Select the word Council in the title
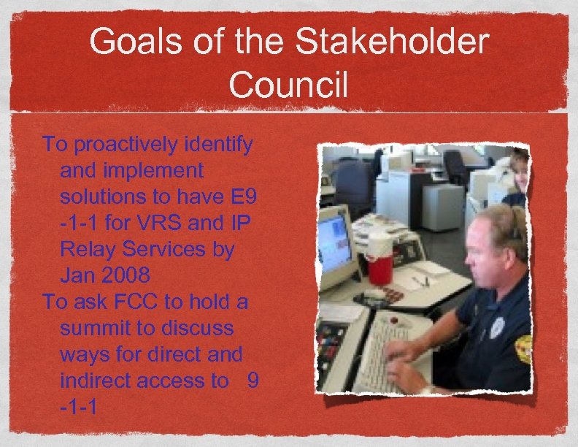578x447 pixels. (288, 86)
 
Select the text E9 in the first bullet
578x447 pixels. (237, 196)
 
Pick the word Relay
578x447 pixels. (90, 249)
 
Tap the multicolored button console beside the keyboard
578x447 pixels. (332, 343)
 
